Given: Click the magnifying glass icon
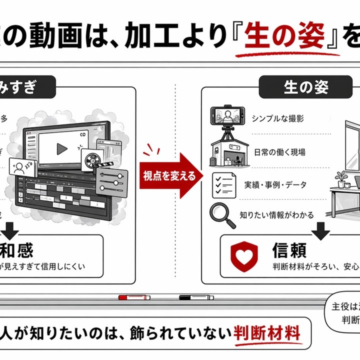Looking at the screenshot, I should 220,214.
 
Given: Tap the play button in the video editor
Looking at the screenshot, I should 62,148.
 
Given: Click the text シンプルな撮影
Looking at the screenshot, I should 277,118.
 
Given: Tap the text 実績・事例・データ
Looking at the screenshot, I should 282,184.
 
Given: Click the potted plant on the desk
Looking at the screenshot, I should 341,178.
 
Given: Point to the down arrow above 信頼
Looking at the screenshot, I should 320,230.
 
